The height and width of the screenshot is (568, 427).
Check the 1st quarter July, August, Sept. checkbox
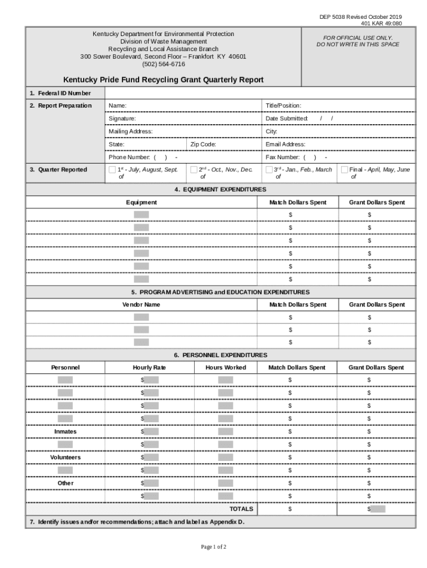click(x=113, y=170)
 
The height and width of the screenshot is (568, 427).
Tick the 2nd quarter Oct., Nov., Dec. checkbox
click(x=194, y=170)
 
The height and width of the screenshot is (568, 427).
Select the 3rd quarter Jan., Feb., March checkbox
click(x=270, y=170)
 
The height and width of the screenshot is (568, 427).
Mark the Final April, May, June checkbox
click(x=345, y=170)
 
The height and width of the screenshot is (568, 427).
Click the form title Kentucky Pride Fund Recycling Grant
click(x=163, y=80)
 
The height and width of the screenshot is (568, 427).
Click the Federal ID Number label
click(x=60, y=93)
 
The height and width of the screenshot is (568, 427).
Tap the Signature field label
click(x=122, y=119)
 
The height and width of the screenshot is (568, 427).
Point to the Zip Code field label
click(x=203, y=144)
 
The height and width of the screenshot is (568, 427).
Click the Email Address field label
click(x=286, y=144)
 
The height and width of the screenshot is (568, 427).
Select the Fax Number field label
click(x=283, y=158)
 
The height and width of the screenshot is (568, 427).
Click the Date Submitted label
click(x=287, y=119)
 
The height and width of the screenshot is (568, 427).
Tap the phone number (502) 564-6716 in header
click(x=163, y=64)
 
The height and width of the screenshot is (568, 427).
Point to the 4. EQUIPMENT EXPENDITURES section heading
click(x=220, y=190)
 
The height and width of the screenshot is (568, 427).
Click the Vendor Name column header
click(x=141, y=305)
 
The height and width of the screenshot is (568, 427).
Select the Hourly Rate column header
click(x=149, y=368)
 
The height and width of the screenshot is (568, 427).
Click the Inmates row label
click(x=65, y=432)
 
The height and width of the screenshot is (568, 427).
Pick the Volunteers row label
click(x=65, y=458)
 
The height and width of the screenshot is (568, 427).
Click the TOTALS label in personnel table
click(x=241, y=509)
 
